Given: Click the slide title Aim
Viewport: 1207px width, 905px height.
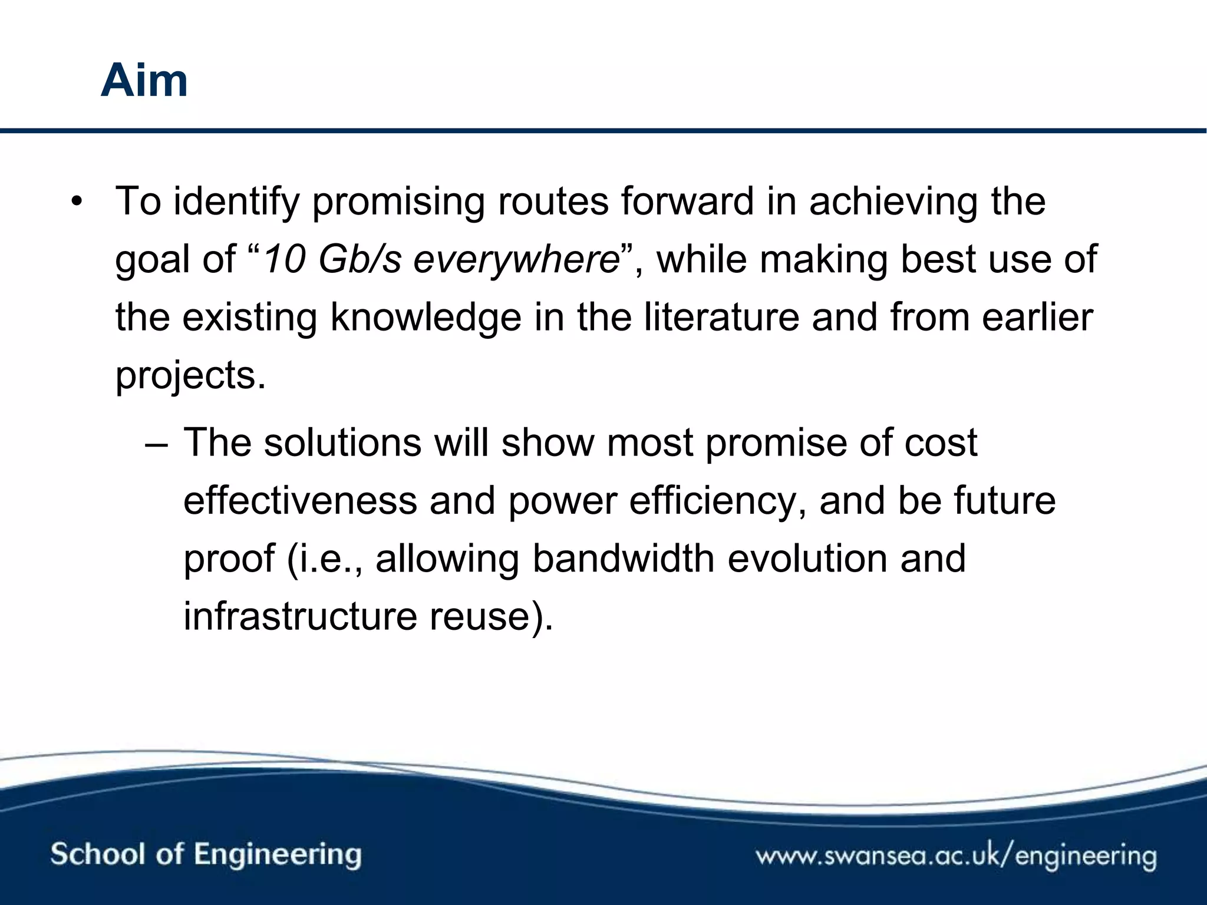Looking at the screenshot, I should pos(144,81).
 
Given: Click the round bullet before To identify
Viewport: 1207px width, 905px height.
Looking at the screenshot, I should pos(76,203).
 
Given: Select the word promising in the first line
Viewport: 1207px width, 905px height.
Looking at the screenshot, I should pos(398,203).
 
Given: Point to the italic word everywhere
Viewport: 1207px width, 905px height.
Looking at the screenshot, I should pos(516,260).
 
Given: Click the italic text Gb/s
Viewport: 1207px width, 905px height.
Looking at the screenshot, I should pos(360,260).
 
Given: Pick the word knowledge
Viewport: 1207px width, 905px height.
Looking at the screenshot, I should pos(426,318).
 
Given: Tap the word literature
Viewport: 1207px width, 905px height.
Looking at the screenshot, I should pos(721,318).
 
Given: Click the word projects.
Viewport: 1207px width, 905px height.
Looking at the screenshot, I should pos(190,375).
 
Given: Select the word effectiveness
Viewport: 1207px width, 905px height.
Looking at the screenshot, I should pos(300,501).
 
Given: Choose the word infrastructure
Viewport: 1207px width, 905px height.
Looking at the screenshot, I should pos(300,616).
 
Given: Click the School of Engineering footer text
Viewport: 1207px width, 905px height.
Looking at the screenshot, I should pos(206,854).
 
